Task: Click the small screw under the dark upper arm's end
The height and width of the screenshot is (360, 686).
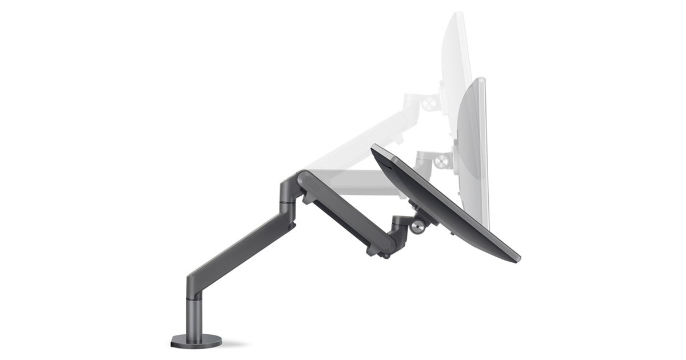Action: [386, 255]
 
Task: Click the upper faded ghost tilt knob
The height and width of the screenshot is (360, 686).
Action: [430, 103]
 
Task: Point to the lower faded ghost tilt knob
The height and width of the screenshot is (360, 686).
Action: [441, 161]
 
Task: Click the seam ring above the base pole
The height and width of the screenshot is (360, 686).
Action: [196, 297]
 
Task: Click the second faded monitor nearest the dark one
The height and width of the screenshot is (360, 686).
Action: [474, 143]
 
